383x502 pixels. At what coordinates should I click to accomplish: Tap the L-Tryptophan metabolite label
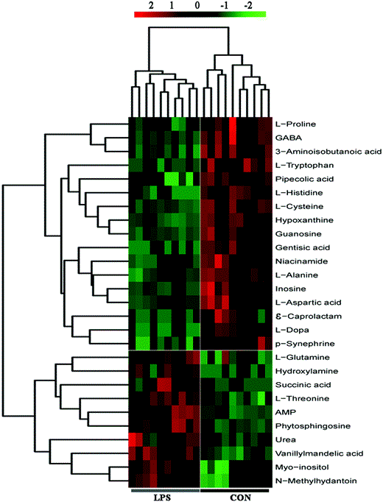tap(298, 165)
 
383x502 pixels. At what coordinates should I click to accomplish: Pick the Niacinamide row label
tap(297, 261)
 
